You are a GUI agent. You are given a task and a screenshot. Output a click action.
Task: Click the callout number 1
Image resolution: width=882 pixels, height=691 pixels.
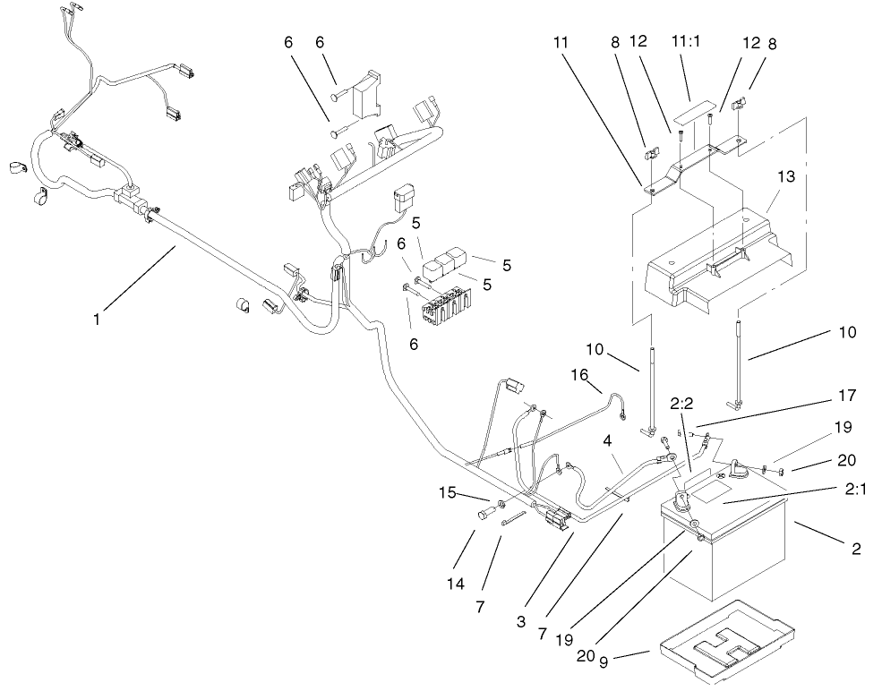coord(98,317)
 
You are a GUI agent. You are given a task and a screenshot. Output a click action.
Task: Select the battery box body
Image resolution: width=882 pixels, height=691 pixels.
coord(725,555)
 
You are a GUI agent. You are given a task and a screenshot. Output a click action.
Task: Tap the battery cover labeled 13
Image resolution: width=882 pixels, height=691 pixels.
coord(725,260)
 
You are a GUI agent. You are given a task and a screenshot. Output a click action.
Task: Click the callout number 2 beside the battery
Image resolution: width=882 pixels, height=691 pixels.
coord(857,548)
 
